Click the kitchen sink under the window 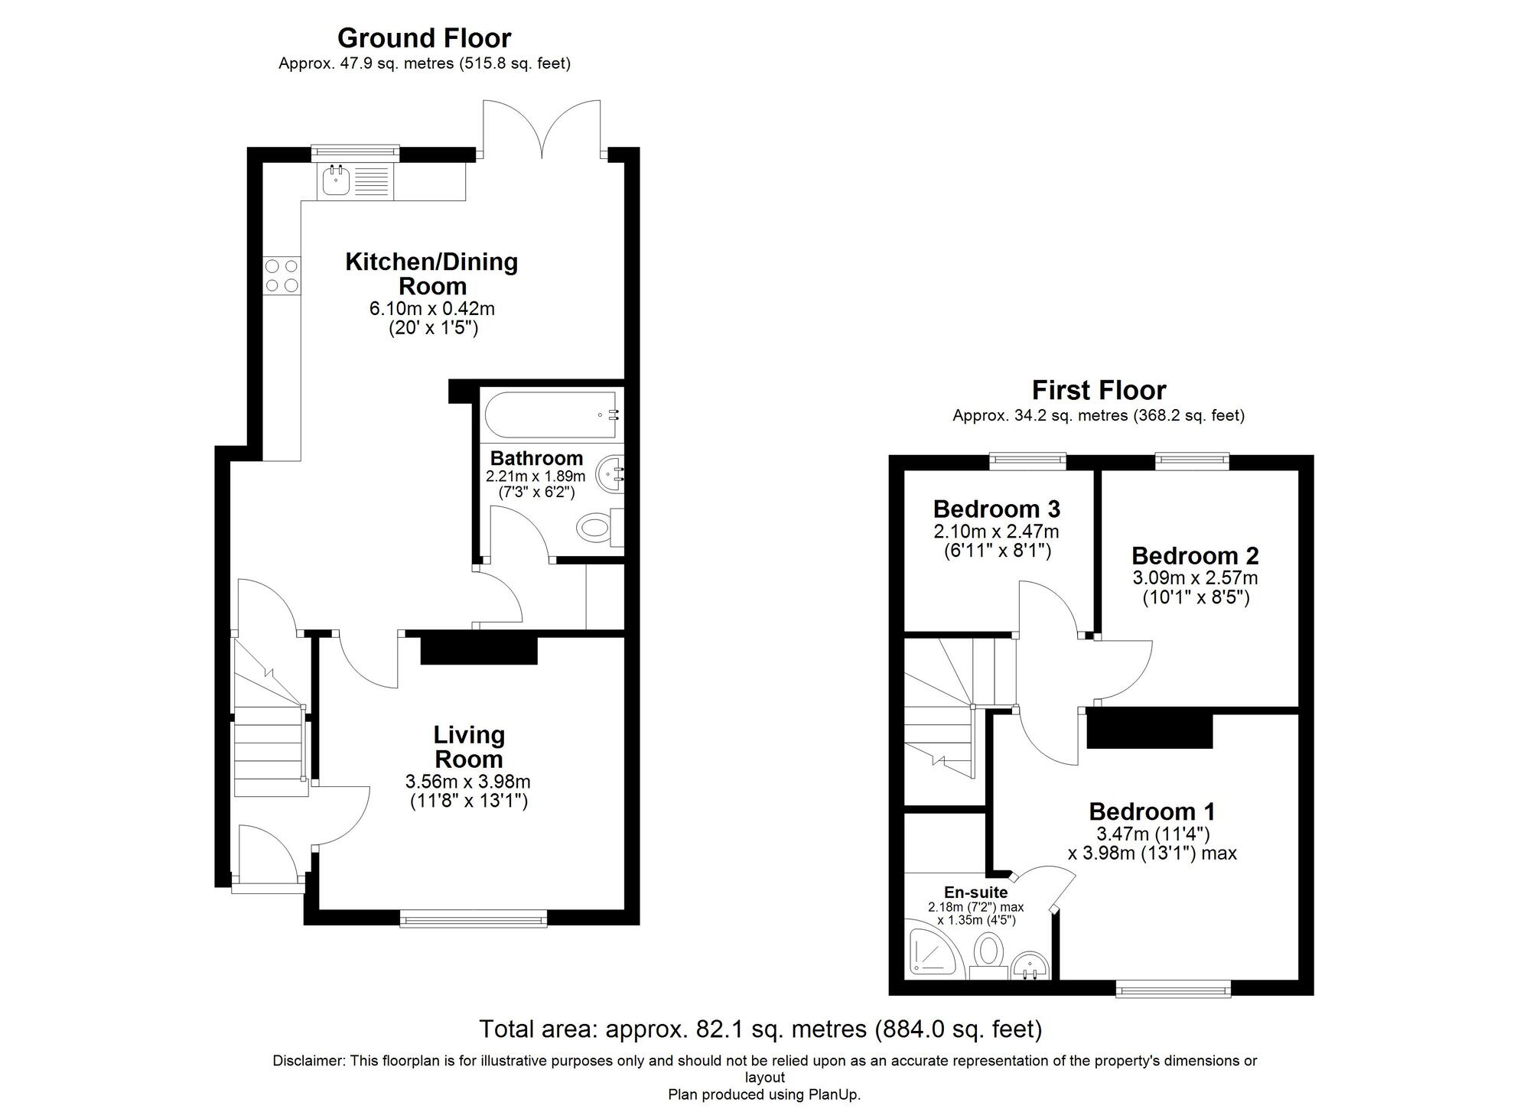[x=336, y=182]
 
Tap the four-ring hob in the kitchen [x=282, y=275]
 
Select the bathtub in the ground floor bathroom [x=550, y=415]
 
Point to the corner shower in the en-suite [x=929, y=953]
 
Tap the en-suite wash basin [x=1030, y=967]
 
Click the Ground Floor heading [x=424, y=37]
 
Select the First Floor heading [x=1099, y=390]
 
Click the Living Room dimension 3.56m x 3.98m [x=467, y=782]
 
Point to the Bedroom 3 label [x=996, y=509]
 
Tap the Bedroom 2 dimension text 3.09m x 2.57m [x=1195, y=578]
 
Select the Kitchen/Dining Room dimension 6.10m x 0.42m [x=431, y=309]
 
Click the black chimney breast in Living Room [x=479, y=650]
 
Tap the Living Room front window [x=474, y=918]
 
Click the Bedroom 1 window [x=1174, y=990]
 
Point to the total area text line [x=760, y=1029]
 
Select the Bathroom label [x=536, y=458]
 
